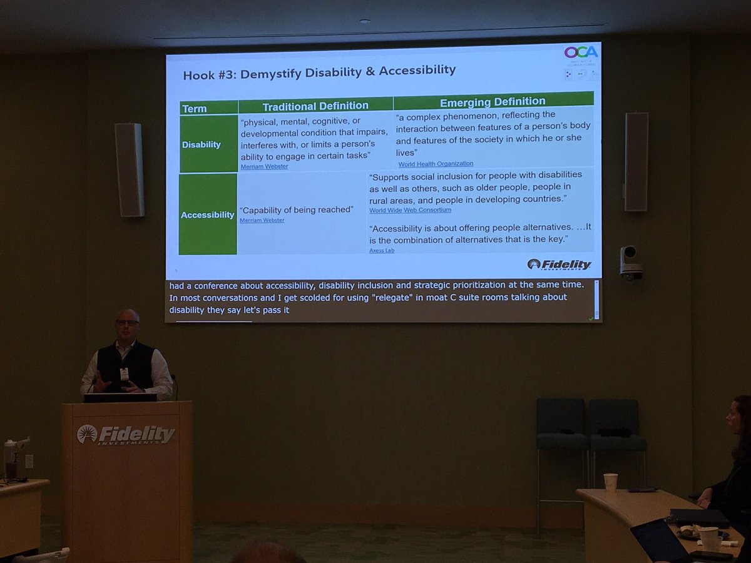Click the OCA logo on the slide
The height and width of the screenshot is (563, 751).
pyautogui.click(x=581, y=52)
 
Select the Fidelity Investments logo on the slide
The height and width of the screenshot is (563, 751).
pyautogui.click(x=559, y=265)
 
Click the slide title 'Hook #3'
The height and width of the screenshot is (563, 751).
pyautogui.click(x=319, y=71)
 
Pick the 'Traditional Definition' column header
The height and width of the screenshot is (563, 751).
pyautogui.click(x=315, y=106)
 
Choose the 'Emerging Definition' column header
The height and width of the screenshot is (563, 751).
pyautogui.click(x=493, y=101)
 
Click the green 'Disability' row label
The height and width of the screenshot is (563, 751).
pyautogui.click(x=201, y=145)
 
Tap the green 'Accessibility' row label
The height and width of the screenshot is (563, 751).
pyautogui.click(x=208, y=215)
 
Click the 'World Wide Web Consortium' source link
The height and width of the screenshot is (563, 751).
pyautogui.click(x=410, y=210)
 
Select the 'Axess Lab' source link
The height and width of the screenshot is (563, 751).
pyautogui.click(x=382, y=250)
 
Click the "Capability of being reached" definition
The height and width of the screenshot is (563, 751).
pyautogui.click(x=295, y=210)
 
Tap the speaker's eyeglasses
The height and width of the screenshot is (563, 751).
pyautogui.click(x=127, y=322)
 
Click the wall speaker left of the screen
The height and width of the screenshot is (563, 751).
pyautogui.click(x=129, y=170)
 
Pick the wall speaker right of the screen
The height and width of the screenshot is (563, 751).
pyautogui.click(x=636, y=161)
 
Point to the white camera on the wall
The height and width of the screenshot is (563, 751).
pyautogui.click(x=630, y=262)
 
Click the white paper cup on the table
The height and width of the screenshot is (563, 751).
pyautogui.click(x=610, y=482)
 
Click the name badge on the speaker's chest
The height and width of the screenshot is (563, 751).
pyautogui.click(x=124, y=373)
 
